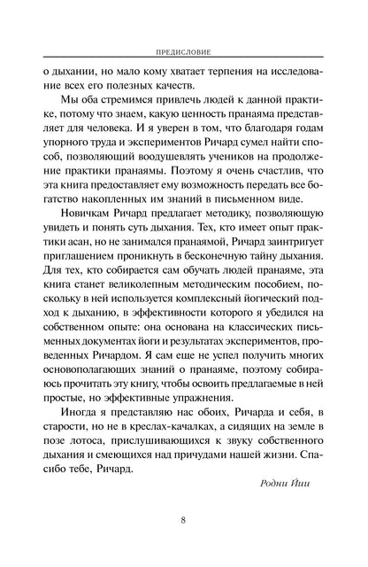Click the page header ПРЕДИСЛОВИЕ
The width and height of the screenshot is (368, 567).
pos(183,51)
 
